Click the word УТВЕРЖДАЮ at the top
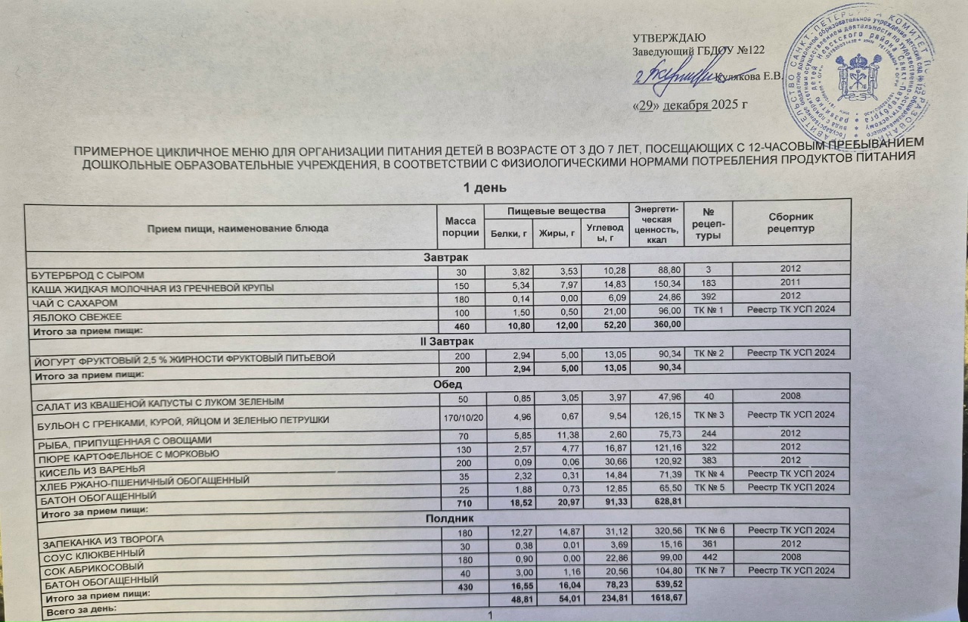669,38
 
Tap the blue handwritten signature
673,75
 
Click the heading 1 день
484,187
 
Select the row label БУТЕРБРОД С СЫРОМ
86,274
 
